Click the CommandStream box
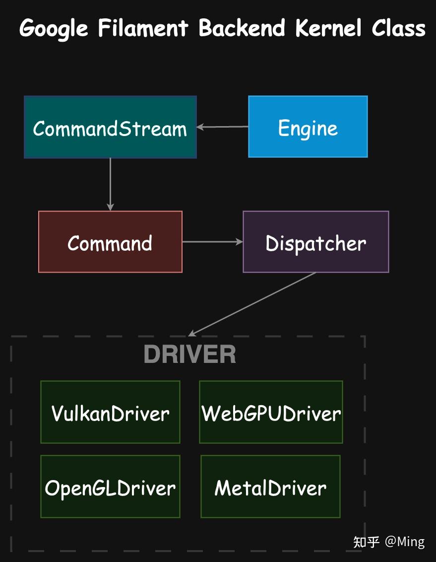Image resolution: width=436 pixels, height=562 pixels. tap(110, 128)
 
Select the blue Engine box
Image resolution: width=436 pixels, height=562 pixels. tap(308, 127)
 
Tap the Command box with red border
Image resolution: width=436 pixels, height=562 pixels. tap(110, 242)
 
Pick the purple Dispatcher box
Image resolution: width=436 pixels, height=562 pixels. tap(315, 242)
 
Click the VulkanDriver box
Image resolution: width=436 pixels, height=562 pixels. tap(110, 412)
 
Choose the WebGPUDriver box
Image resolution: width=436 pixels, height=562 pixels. tap(271, 412)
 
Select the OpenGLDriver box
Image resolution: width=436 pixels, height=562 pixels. tap(110, 487)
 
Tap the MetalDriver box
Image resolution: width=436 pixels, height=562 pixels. tap(270, 487)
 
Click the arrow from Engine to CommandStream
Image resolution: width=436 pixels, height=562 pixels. tap(222, 127)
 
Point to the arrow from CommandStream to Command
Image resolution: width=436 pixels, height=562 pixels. tap(110, 184)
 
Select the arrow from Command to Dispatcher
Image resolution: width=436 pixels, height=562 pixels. tap(212, 242)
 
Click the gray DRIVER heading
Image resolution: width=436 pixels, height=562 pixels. tap(189, 354)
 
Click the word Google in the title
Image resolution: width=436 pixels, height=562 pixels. tap(54, 28)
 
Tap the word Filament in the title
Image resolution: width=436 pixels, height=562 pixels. tap(143, 28)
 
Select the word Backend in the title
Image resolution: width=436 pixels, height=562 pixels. tap(242, 28)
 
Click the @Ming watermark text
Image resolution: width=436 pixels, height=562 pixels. tap(405, 542)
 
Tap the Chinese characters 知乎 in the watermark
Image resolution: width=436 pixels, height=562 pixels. tap(367, 542)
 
